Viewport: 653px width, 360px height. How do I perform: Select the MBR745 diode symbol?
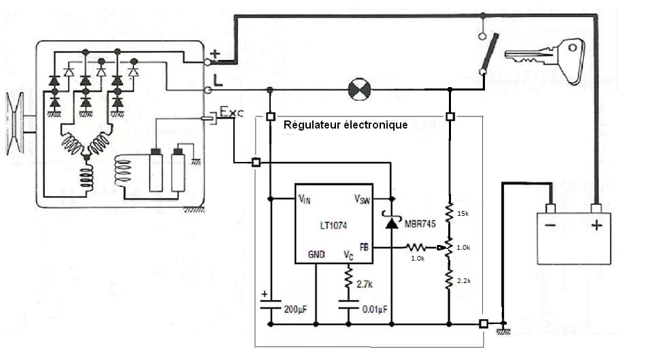coord(392,223)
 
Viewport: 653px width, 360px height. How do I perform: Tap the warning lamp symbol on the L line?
coord(358,90)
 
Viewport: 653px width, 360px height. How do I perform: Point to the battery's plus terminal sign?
coord(596,225)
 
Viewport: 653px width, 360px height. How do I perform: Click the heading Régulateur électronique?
coord(346,125)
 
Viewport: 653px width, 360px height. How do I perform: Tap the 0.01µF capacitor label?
coord(373,309)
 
